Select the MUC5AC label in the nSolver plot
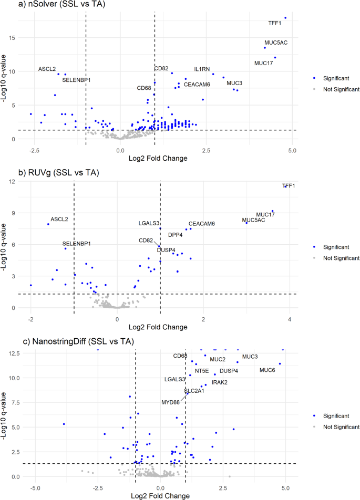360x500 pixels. (x=276, y=43)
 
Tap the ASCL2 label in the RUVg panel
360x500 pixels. (x=59, y=219)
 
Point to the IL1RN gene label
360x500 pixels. (x=203, y=69)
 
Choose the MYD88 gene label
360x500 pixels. (x=170, y=402)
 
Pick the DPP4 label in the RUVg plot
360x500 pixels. (x=176, y=235)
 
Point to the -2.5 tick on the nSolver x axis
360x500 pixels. (x=35, y=151)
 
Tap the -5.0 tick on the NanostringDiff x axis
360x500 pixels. (x=35, y=488)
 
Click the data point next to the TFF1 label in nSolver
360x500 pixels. (x=285, y=18)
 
